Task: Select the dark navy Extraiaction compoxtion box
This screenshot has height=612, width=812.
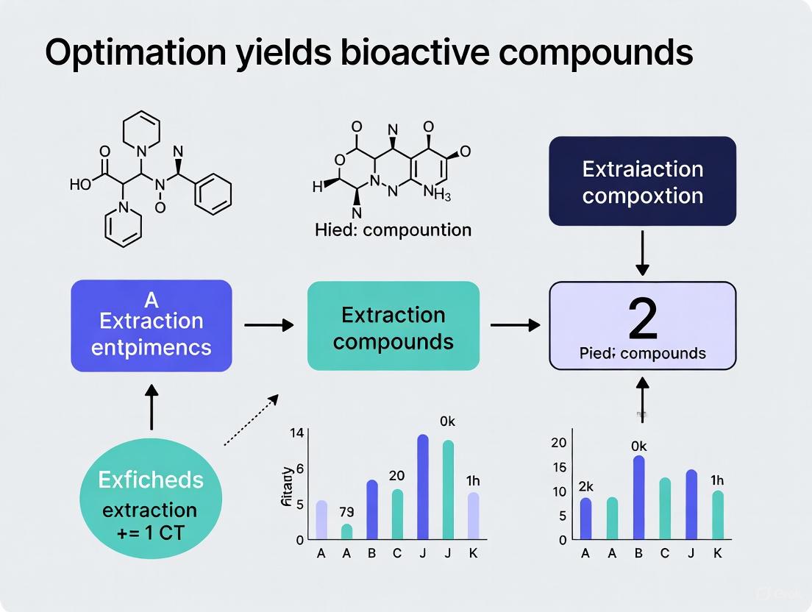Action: click(x=642, y=181)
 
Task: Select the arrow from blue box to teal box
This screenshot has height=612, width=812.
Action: click(x=268, y=325)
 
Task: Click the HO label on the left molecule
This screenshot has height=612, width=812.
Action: click(x=81, y=184)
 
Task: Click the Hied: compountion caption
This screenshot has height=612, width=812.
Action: click(x=393, y=230)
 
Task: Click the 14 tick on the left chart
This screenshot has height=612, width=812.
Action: click(x=296, y=433)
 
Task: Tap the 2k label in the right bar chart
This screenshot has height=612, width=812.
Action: click(x=585, y=485)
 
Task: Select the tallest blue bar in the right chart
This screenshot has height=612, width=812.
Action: click(x=638, y=497)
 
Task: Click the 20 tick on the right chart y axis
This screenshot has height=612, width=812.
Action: click(x=559, y=442)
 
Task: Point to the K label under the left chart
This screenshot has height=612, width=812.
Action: click(x=473, y=554)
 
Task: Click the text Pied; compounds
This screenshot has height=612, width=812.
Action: click(x=642, y=353)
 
